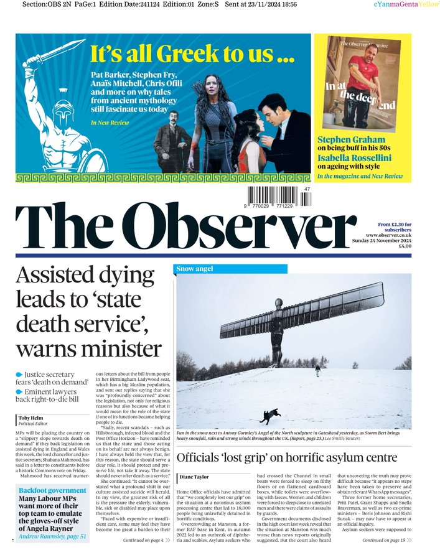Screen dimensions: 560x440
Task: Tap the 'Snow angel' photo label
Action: tap(195, 269)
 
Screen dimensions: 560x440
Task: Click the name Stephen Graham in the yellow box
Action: tap(351, 140)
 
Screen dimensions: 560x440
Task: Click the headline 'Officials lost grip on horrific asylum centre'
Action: tap(287, 458)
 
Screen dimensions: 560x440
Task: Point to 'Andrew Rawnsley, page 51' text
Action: tap(52, 535)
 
